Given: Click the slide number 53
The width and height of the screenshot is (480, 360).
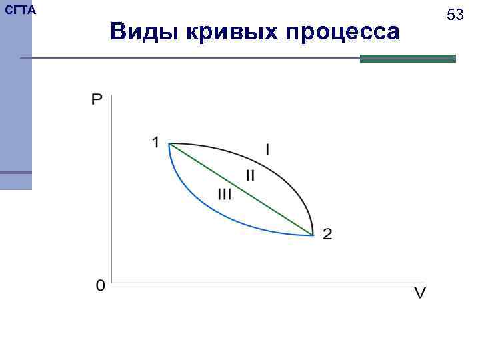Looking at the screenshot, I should point(455,14).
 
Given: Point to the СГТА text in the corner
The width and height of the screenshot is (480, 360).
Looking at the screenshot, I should point(20,10).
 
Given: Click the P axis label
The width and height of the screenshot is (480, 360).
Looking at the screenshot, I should point(97,100).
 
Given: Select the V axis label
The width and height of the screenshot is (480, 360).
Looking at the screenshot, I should point(420,293).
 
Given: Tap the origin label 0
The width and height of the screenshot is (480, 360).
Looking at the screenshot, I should point(100,286).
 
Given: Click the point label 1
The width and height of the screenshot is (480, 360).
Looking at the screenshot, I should point(155,142).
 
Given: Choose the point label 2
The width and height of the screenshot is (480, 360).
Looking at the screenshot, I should point(327,234).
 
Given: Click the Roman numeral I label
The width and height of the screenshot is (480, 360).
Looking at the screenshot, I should point(267,150).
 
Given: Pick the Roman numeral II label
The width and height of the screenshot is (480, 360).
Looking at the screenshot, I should point(250,176).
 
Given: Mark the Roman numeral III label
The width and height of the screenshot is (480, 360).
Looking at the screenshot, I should point(224,194).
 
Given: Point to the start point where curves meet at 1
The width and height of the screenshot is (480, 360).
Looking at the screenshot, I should point(169,144).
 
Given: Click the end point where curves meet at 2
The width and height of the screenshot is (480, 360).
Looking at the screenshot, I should point(313,235).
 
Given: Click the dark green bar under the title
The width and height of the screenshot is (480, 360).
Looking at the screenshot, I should point(407,59).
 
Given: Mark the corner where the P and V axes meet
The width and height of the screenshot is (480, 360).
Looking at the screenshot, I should point(112,282).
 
